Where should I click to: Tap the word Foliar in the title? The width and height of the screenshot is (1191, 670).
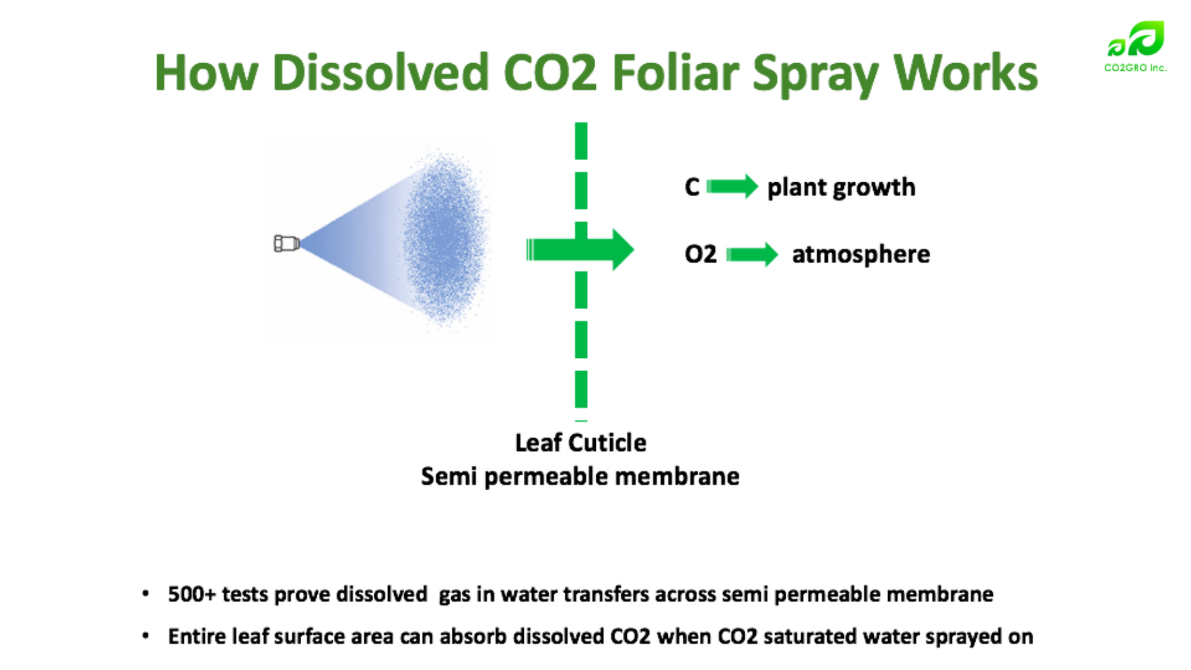coord(676,73)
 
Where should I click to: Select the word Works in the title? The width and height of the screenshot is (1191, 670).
coord(965,73)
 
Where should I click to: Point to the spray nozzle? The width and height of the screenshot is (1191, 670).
coord(286,243)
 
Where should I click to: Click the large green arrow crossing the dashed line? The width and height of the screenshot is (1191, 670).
coord(580,250)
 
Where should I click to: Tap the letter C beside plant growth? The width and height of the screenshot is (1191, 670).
coord(692,187)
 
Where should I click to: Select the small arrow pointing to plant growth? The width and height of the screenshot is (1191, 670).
coord(732,186)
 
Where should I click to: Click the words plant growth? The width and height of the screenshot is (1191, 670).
coord(841,188)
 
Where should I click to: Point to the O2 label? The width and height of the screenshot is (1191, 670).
coord(701,254)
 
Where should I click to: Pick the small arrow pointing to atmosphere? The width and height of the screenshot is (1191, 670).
coord(752,255)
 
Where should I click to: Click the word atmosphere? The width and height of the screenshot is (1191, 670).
coord(861,255)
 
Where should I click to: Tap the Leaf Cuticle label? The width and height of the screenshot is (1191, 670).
coord(580,443)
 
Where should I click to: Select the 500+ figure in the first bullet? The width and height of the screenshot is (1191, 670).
coord(192,594)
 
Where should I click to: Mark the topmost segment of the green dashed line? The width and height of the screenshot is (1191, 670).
coord(582,141)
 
